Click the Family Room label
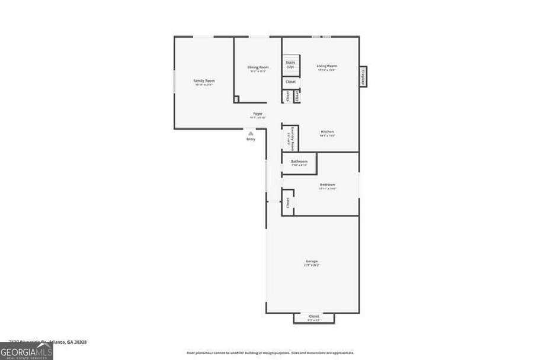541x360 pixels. point(204,81)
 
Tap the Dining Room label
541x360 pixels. point(258,67)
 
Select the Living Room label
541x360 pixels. point(326,66)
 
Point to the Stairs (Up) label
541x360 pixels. point(290,63)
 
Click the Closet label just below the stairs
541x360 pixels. point(290,82)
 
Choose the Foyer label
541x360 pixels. point(258,113)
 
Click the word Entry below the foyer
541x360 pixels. point(251,139)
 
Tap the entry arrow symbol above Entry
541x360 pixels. point(251,134)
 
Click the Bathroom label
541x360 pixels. point(299,162)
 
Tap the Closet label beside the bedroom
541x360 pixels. point(288,202)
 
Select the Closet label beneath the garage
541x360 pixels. point(314,317)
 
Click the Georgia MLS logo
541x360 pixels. point(27,351)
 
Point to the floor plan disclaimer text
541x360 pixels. point(270,353)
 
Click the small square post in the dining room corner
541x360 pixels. point(236,99)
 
